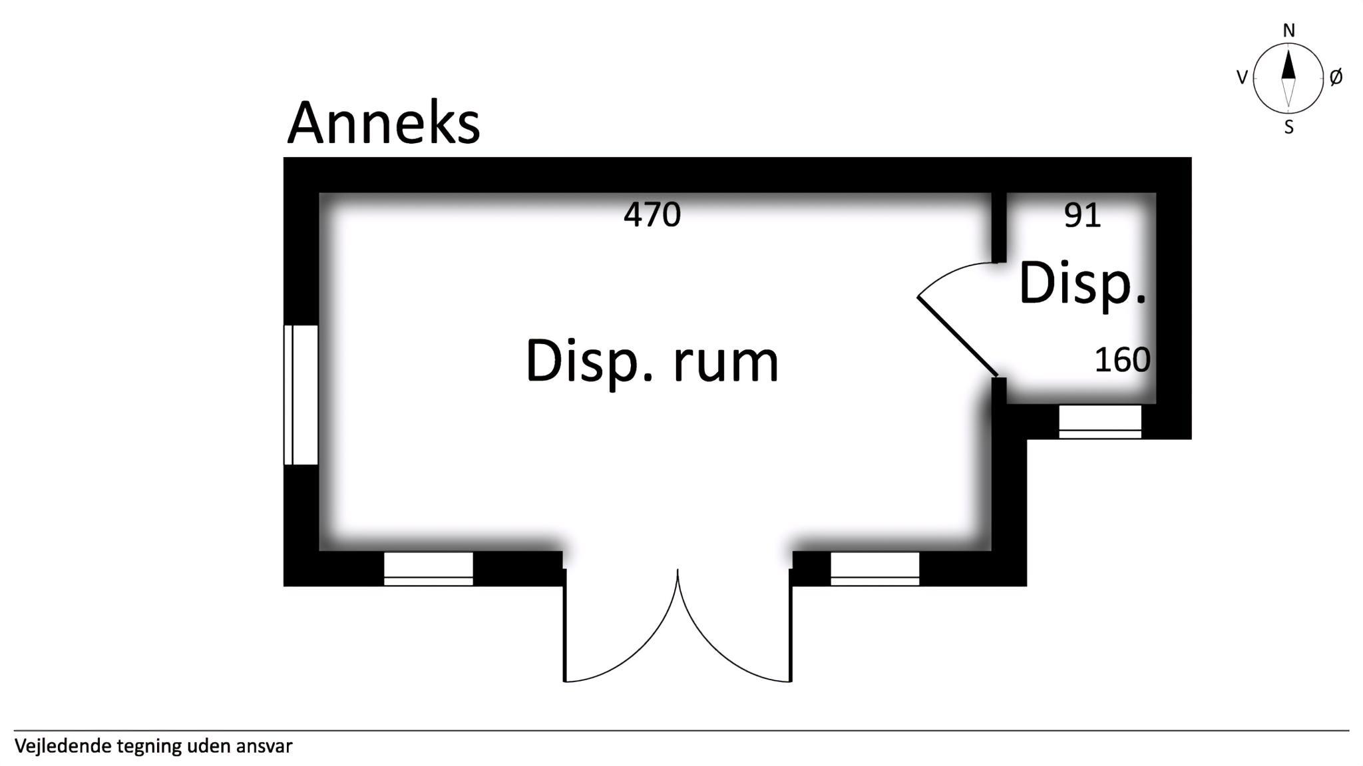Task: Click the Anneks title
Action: tap(383, 124)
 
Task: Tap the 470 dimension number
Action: tap(652, 215)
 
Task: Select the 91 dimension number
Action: tap(1082, 215)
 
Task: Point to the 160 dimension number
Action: tap(1122, 360)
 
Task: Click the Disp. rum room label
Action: tap(652, 361)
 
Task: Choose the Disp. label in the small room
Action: tap(1083, 284)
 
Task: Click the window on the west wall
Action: tap(301, 395)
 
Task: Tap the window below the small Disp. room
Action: tap(1099, 422)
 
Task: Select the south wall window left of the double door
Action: tap(429, 569)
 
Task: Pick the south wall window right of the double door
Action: tap(875, 569)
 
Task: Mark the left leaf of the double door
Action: tap(565, 626)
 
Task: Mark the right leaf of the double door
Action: tap(791, 626)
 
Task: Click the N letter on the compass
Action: tap(1289, 31)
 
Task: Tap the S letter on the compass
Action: tap(1289, 128)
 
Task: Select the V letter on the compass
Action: tap(1241, 78)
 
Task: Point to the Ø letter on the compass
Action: tap(1336, 78)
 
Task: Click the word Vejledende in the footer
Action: tap(63, 746)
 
